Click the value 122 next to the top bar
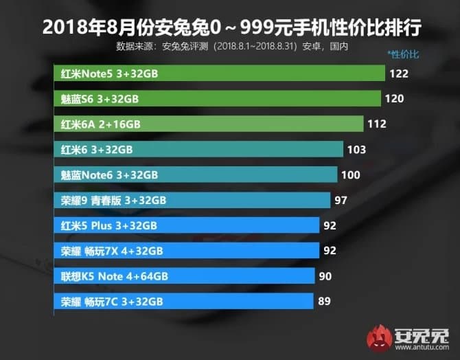click(x=398, y=74)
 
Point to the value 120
click(x=394, y=99)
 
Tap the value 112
click(x=377, y=124)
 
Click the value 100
click(x=350, y=175)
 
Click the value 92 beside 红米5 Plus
click(x=331, y=225)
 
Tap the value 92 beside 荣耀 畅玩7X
click(x=331, y=251)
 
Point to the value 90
click(x=326, y=276)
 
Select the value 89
click(x=325, y=301)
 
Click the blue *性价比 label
click(x=403, y=53)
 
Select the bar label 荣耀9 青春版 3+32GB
click(x=113, y=201)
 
